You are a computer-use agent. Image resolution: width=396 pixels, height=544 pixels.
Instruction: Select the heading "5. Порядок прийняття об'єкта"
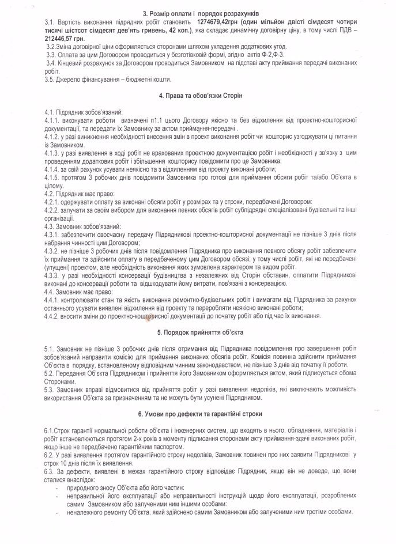tap(198, 333)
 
